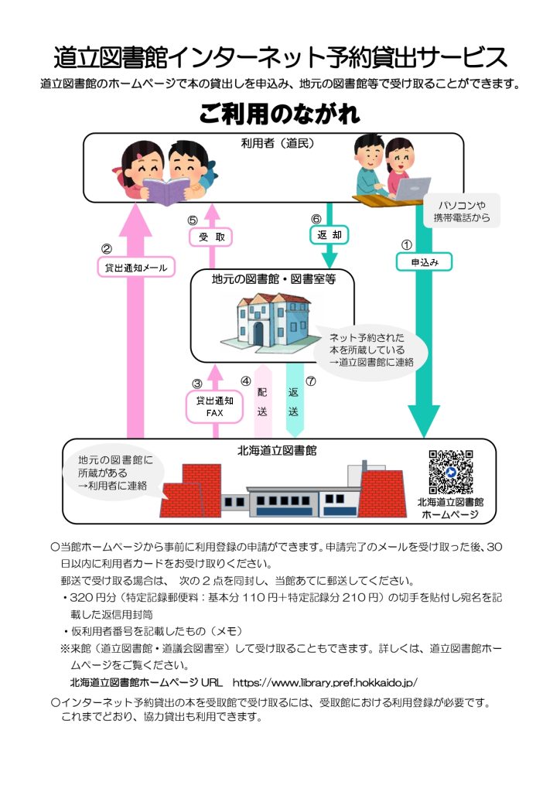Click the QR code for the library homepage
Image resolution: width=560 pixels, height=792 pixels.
point(450,472)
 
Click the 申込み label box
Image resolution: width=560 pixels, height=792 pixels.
point(425,263)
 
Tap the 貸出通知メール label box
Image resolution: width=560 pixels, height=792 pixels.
point(136,268)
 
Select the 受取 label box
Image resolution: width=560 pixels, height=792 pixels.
point(211,237)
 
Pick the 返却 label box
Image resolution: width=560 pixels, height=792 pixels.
point(329,233)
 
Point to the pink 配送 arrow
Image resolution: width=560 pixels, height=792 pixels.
point(262,400)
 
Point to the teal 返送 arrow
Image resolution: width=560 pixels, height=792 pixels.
point(294,400)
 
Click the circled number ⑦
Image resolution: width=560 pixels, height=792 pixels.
point(312,381)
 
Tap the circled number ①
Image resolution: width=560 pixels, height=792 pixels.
point(407,244)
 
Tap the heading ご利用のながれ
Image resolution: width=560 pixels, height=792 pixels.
point(279,114)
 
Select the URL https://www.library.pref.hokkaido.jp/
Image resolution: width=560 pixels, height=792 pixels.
point(325,682)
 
